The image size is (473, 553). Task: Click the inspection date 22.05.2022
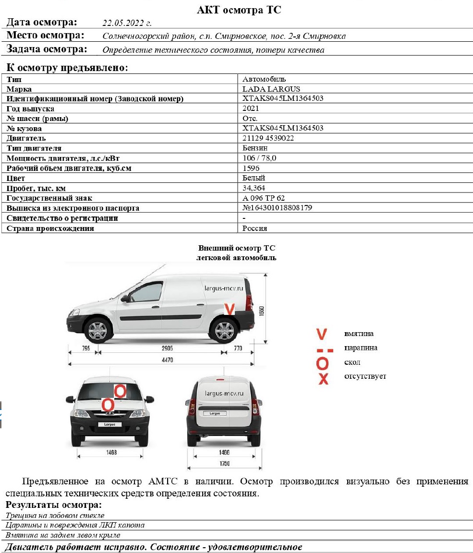click(x=127, y=22)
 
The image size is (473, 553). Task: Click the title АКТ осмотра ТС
click(x=239, y=10)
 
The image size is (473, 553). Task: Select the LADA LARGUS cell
click(x=271, y=89)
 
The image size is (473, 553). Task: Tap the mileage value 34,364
click(x=254, y=188)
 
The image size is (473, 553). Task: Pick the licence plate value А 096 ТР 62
click(x=267, y=198)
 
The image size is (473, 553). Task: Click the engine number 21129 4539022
click(x=268, y=138)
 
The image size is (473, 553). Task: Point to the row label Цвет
click(x=16, y=178)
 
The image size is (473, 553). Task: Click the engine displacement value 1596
click(x=251, y=168)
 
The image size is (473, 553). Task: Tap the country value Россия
click(x=255, y=228)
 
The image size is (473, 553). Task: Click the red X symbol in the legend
click(x=323, y=378)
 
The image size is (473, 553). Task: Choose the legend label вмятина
click(x=359, y=334)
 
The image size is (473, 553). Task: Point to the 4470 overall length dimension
click(x=162, y=359)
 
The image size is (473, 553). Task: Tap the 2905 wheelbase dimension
click(x=167, y=348)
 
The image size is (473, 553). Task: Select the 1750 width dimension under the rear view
click(x=224, y=463)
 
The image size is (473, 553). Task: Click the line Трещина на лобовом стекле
click(x=55, y=516)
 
